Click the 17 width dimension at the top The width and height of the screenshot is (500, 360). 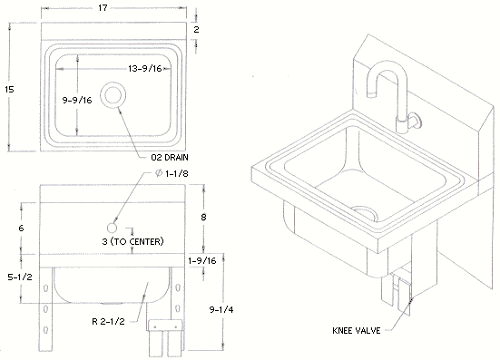pos(103,7)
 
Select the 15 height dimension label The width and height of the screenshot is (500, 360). pos(9,90)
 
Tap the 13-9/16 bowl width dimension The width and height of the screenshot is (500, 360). pos(145,69)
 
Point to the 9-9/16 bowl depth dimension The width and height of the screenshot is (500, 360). pos(77,101)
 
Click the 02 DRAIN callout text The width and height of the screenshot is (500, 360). pos(170,158)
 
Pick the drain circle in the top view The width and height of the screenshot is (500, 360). pos(113,95)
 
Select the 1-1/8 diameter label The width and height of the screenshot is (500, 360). pos(172,173)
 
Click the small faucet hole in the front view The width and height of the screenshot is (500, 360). pos(112,228)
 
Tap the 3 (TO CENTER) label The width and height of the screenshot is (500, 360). pos(133,241)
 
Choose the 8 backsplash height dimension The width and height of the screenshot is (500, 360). pos(203,218)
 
